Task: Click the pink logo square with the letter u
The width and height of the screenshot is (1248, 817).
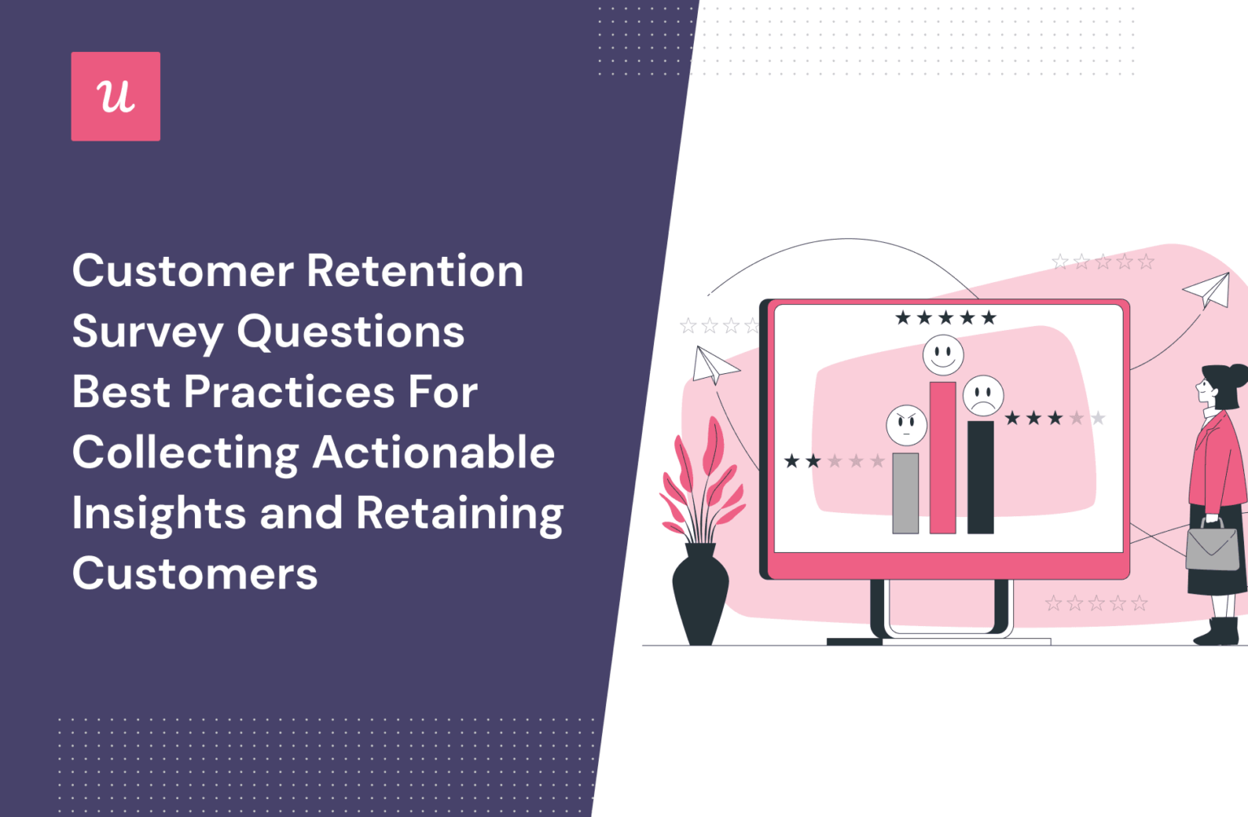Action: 115,96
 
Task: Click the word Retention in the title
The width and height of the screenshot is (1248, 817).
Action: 415,271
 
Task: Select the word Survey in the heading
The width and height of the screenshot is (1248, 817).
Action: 147,332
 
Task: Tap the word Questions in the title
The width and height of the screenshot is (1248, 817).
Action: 350,332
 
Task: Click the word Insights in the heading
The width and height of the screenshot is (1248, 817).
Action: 158,514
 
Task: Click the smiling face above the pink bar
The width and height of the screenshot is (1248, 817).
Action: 942,355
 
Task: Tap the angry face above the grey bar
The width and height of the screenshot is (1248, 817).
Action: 907,424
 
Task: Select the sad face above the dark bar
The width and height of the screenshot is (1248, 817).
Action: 983,397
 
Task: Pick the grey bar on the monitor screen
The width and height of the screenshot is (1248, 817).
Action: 905,493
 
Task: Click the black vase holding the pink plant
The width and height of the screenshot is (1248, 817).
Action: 700,593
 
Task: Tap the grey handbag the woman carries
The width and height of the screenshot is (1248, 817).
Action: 1212,545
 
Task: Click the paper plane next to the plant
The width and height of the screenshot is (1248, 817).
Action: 713,365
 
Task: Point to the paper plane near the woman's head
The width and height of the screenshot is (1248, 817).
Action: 1208,289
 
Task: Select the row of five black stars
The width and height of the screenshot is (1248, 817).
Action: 945,318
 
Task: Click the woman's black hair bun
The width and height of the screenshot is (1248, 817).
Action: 1238,376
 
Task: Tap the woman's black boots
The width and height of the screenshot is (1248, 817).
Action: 1219,631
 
